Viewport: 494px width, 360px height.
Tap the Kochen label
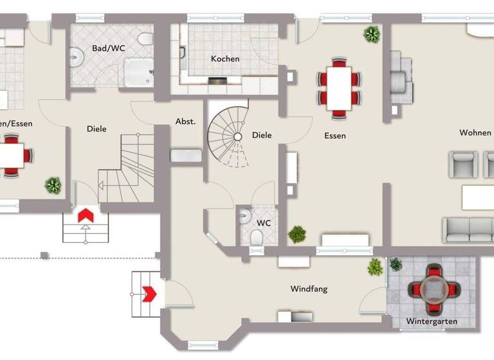click(225, 59)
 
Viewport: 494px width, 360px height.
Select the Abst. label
click(185, 122)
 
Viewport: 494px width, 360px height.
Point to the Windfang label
click(309, 289)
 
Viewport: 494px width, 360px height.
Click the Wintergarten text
click(431, 321)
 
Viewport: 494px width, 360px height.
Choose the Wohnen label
click(475, 132)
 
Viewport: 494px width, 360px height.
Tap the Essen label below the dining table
click(335, 136)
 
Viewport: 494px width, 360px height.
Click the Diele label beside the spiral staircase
click(262, 135)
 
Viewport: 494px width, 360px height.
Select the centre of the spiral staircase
click(237, 136)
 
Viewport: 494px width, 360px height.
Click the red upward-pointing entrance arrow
click(85, 215)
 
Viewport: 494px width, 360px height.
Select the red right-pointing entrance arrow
click(149, 294)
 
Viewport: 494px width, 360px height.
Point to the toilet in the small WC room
click(257, 239)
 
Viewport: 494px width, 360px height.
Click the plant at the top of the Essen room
click(371, 33)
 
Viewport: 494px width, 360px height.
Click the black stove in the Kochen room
click(219, 81)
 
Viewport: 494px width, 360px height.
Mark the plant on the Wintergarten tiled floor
click(395, 264)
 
